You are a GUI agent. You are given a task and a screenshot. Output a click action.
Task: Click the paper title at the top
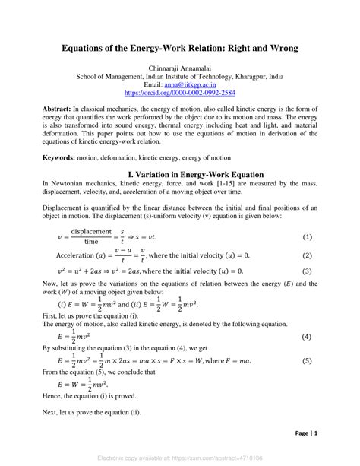point(180,48)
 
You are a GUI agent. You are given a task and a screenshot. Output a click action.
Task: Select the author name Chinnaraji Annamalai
point(180,68)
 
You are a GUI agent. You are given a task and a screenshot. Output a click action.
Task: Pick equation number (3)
point(308,271)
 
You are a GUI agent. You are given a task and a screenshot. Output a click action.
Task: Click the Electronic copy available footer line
point(180,458)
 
